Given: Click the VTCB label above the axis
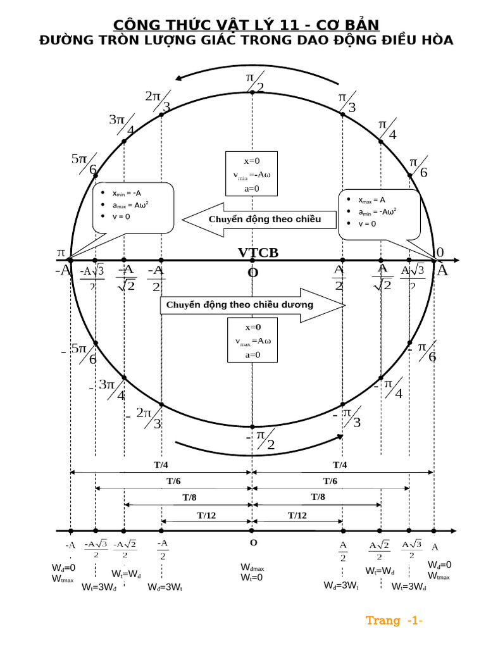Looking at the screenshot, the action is pos(258,253).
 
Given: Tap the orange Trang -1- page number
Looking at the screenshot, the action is pos(394,621).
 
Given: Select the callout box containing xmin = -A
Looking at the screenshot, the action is pos(133,207).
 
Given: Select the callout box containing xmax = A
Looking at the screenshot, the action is pos(379,213).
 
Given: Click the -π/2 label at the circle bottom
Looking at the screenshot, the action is pos(261,439).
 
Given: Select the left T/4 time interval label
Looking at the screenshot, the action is pos(161,465).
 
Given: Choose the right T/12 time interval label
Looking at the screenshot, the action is pos(297,515).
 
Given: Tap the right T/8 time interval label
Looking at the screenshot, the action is pos(318,497).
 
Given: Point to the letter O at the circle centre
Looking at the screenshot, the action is pos(252,273).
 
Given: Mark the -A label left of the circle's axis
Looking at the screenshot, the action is pos(63,271).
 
